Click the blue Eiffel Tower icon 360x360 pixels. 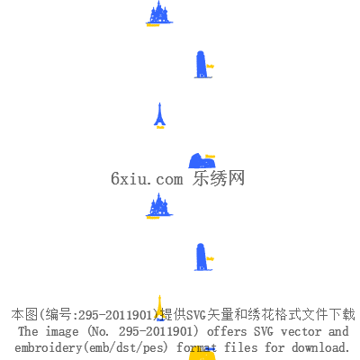point(160,115)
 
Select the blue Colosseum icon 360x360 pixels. point(202,161)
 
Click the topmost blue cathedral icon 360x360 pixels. point(159,13)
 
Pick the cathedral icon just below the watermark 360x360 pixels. point(159,205)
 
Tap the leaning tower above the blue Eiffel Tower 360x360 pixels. point(202,65)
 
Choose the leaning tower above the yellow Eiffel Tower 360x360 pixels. point(202,257)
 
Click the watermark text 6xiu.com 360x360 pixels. point(147,179)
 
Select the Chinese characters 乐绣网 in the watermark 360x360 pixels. point(219,178)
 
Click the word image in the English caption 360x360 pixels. point(62,331)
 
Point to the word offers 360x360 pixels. point(227,331)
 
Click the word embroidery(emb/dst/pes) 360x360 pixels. point(91,347)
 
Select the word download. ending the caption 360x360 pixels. point(320,347)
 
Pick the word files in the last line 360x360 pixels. point(241,347)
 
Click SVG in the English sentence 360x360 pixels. point(264,331)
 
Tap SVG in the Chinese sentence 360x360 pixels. point(196,315)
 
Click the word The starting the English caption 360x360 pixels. point(28,331)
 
